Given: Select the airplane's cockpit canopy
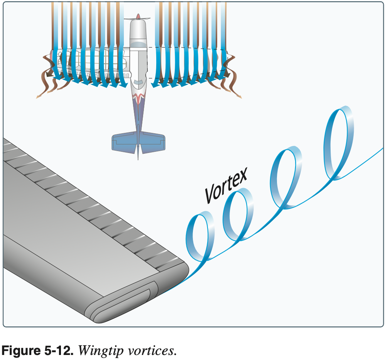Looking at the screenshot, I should tap(138, 82).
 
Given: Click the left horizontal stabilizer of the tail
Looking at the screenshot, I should tap(125, 142).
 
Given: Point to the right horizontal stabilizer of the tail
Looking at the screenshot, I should tap(152, 142).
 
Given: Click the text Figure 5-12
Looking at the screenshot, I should tap(38, 351).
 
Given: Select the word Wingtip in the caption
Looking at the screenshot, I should tap(100, 351).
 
